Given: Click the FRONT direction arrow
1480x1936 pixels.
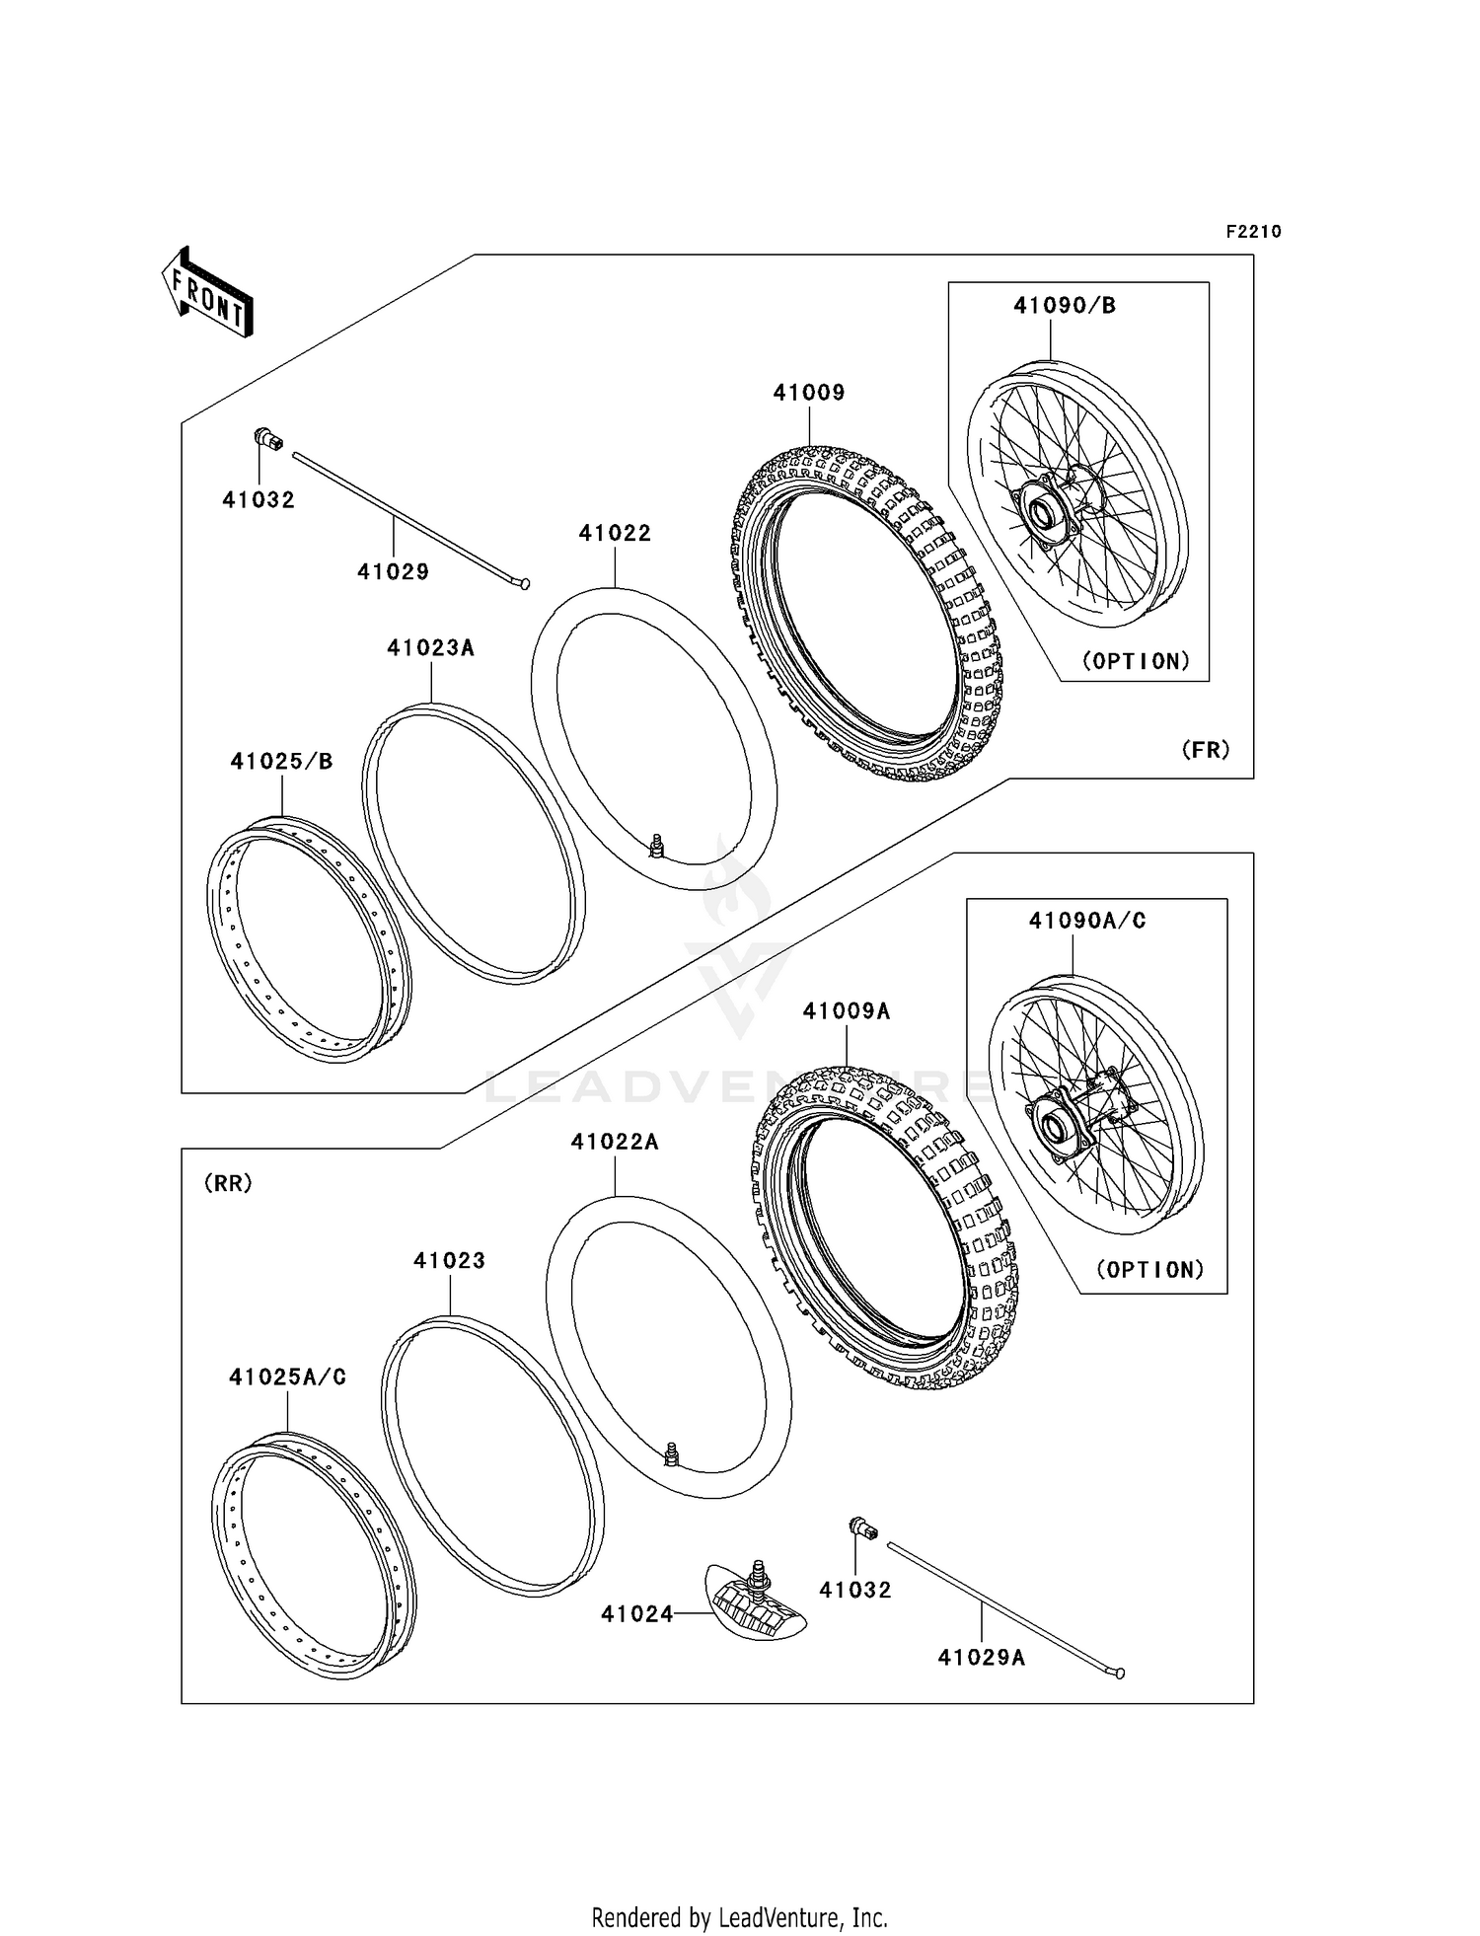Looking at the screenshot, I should click(x=207, y=293).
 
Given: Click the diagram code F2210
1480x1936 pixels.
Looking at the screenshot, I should click(x=1253, y=232).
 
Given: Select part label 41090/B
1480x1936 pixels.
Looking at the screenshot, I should click(x=1065, y=306).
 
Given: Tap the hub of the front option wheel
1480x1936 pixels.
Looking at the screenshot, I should click(x=1042, y=514).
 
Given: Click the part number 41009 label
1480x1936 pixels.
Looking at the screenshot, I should click(x=808, y=393).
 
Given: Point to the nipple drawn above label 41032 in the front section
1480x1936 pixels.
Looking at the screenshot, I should click(x=267, y=439).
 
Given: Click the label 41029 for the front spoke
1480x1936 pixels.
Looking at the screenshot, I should click(x=393, y=571).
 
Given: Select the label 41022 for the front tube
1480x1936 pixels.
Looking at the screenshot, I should click(x=615, y=534).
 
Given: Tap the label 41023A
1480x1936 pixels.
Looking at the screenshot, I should click(x=430, y=648).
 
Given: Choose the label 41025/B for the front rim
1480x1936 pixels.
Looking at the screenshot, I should click(x=281, y=762).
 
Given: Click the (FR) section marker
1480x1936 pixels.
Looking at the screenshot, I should click(x=1206, y=750).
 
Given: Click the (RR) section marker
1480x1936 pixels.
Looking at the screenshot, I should click(x=228, y=1183).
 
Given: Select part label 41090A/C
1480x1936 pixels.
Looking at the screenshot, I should click(x=1087, y=921).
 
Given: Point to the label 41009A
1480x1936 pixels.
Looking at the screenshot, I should click(x=846, y=1011).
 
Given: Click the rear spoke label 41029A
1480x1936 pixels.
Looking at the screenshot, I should click(x=981, y=1658).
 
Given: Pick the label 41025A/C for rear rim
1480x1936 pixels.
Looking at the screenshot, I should click(x=287, y=1378).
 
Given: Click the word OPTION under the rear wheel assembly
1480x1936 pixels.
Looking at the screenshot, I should click(x=1150, y=1270).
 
